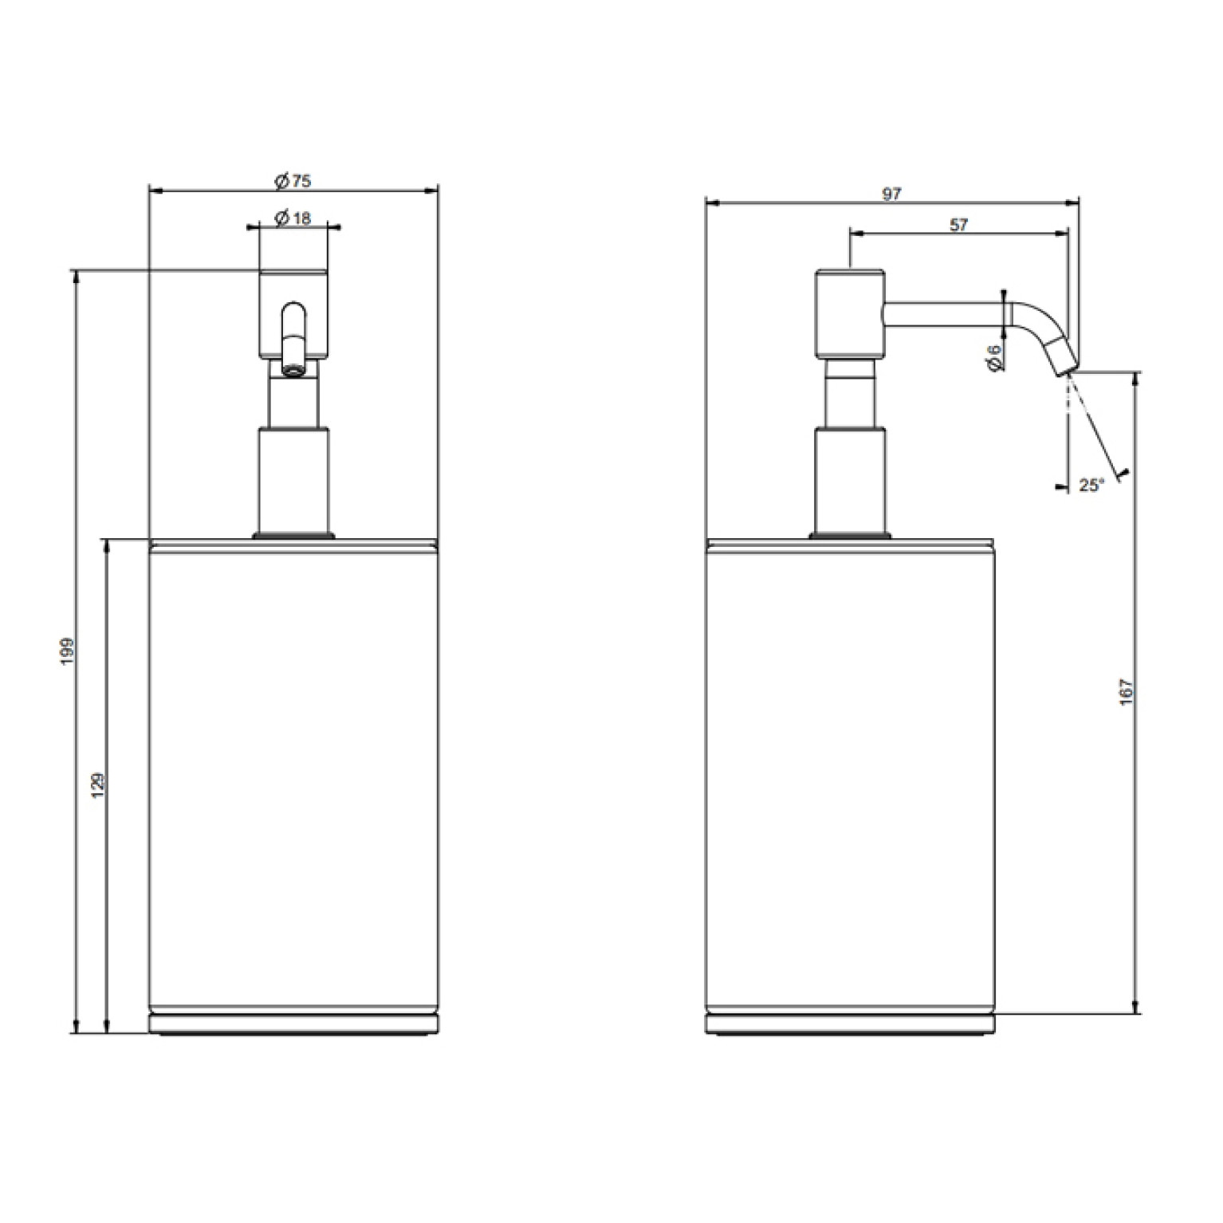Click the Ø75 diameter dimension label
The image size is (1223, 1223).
tap(293, 182)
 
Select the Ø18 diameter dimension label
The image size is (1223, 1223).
tap(293, 218)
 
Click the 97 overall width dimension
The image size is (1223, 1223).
tap(892, 194)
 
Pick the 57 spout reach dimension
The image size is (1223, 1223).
tap(959, 225)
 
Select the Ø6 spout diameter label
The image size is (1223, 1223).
tap(994, 356)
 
